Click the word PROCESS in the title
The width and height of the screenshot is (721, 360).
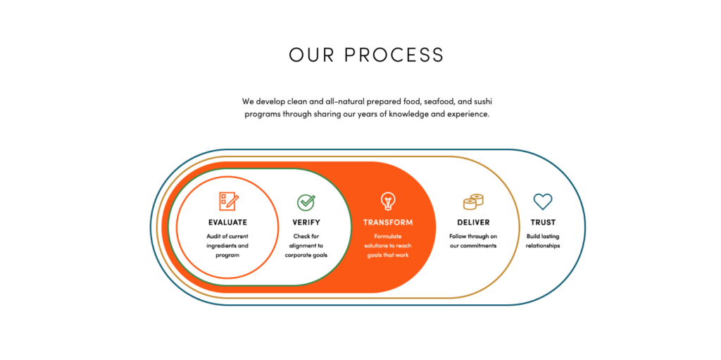[x=394, y=55]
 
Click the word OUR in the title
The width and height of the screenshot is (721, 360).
[x=310, y=55]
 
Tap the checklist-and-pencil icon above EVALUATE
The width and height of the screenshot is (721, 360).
[x=229, y=201]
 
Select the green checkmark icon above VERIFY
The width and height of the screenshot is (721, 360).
[x=306, y=202]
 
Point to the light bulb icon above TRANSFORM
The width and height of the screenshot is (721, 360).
[x=388, y=201]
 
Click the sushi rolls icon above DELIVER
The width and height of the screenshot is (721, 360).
[x=473, y=201]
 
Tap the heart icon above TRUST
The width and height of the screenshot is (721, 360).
[x=543, y=201]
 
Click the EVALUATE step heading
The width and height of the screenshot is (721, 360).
[x=227, y=223]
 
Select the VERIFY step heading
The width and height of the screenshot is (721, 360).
[x=306, y=223]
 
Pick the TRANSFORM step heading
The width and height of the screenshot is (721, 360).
[x=388, y=223]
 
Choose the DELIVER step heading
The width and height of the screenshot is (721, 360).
[x=473, y=223]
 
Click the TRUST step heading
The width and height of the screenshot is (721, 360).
[x=543, y=223]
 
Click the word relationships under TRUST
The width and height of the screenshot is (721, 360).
[x=543, y=246]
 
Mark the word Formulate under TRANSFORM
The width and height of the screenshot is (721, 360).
[x=388, y=236]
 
